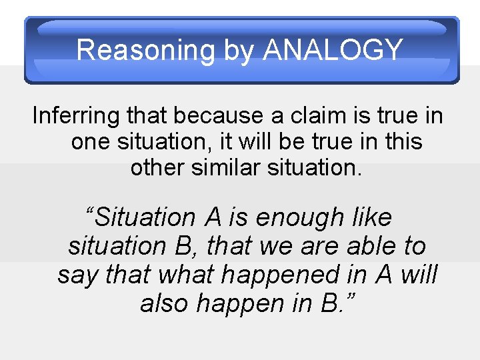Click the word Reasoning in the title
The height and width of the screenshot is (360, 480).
coord(145,50)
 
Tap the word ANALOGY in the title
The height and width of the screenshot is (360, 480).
coord(334,50)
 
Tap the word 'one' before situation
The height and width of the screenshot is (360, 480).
coord(91,141)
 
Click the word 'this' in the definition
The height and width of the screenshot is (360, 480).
coord(401,141)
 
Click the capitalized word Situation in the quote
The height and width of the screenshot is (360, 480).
coord(141,217)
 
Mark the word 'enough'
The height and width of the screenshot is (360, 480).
coord(299,217)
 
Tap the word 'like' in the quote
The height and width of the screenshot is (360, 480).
coord(371,217)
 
